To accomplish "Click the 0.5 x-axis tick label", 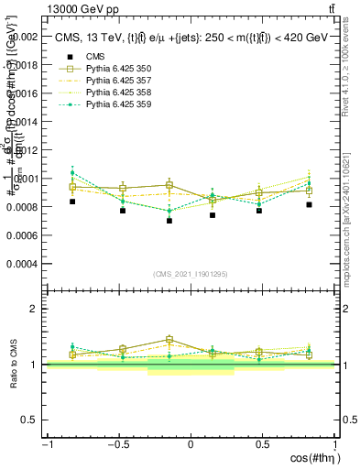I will tap(264, 444).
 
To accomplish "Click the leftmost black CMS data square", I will tap(72, 202).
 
